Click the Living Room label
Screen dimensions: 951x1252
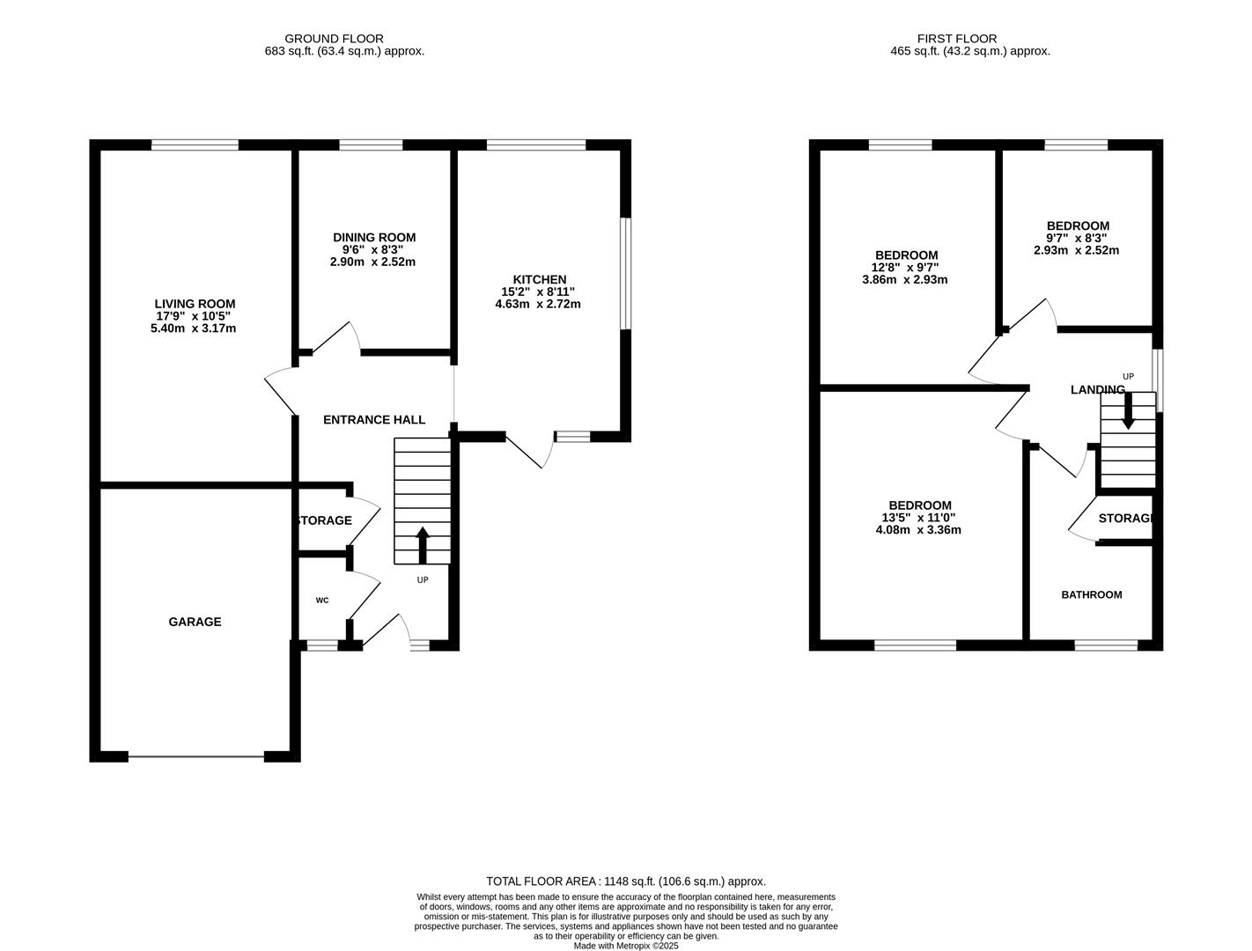[195, 304]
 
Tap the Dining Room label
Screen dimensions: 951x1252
[374, 237]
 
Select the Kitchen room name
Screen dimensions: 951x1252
[540, 279]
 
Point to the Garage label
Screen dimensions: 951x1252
[195, 622]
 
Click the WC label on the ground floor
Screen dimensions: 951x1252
[322, 601]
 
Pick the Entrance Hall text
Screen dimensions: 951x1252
[374, 420]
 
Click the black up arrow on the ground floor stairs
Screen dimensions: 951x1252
[422, 544]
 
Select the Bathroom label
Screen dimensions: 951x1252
[1091, 595]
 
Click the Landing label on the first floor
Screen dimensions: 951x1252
[1097, 389]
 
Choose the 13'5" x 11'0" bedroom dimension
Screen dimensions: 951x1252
[918, 518]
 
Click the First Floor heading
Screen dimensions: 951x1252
[956, 39]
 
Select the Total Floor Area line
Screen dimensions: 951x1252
[626, 881]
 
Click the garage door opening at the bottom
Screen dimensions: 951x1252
[196, 756]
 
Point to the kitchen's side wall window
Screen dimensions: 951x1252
[625, 274]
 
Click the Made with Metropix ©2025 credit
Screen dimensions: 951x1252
[626, 946]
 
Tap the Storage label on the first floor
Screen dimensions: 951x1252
[1125, 519]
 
